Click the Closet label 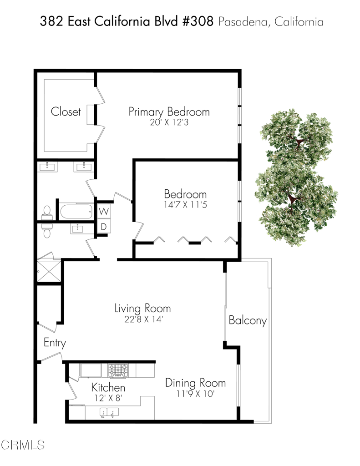click(x=66, y=111)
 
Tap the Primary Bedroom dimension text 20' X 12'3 click(x=169, y=122)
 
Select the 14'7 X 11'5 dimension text click(x=185, y=205)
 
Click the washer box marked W click(x=104, y=211)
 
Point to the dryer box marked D click(x=104, y=226)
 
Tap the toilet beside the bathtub click(x=46, y=212)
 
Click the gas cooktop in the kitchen click(x=118, y=370)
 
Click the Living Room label click(x=142, y=309)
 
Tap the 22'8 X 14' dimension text click(x=142, y=319)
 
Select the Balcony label click(x=247, y=320)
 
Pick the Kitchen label click(x=108, y=388)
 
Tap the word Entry click(x=55, y=343)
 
